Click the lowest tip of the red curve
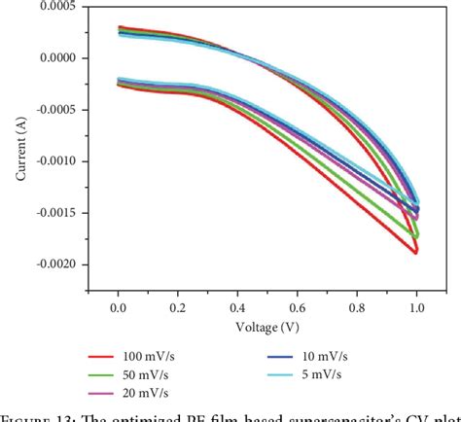(x=415, y=253)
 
